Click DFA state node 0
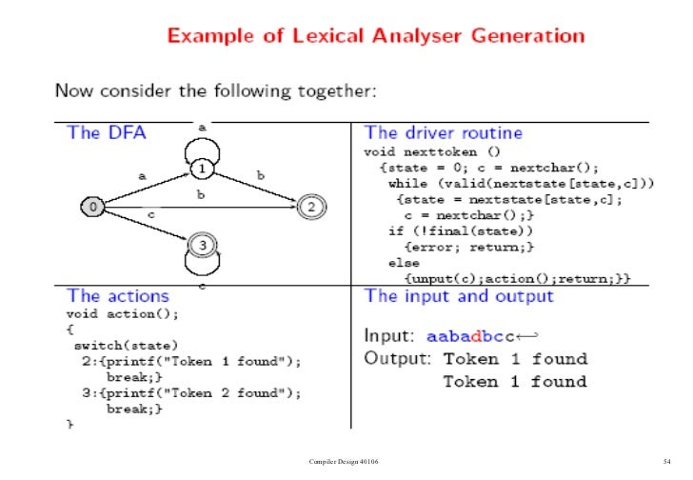(x=92, y=205)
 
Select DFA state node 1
(x=202, y=169)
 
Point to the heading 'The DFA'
(x=107, y=133)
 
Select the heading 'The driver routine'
(x=444, y=133)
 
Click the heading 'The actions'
(x=118, y=296)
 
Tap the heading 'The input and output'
(x=459, y=296)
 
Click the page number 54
(x=667, y=462)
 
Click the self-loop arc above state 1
(x=202, y=145)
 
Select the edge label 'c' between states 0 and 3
(x=151, y=215)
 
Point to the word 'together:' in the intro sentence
(x=341, y=91)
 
